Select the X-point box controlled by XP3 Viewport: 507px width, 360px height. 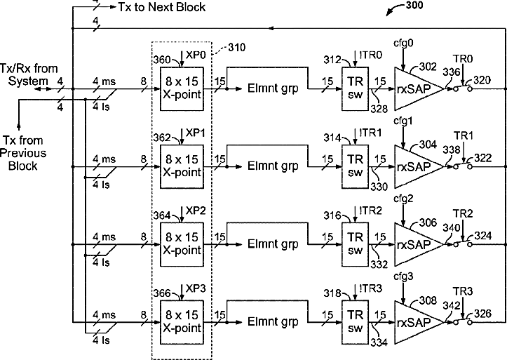[182, 321]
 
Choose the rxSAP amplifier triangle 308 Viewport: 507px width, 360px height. [414, 321]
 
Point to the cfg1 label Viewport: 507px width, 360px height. [403, 121]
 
